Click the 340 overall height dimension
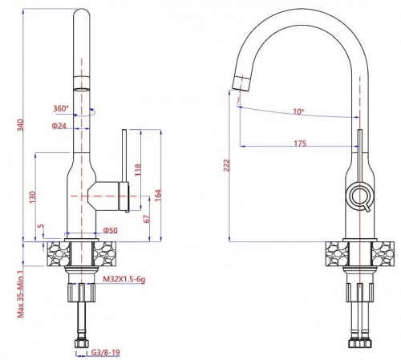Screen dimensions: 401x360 (20, 125)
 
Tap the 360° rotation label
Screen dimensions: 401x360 (61, 108)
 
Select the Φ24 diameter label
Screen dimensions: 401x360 (59, 126)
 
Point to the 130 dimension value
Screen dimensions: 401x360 (32, 196)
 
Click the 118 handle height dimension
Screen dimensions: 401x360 (137, 170)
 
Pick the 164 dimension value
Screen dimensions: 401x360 (158, 196)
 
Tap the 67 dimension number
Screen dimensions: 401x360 (147, 218)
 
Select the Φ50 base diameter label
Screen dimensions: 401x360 (110, 230)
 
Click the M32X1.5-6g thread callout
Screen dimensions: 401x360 (124, 280)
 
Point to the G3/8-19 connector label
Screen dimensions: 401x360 (105, 353)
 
